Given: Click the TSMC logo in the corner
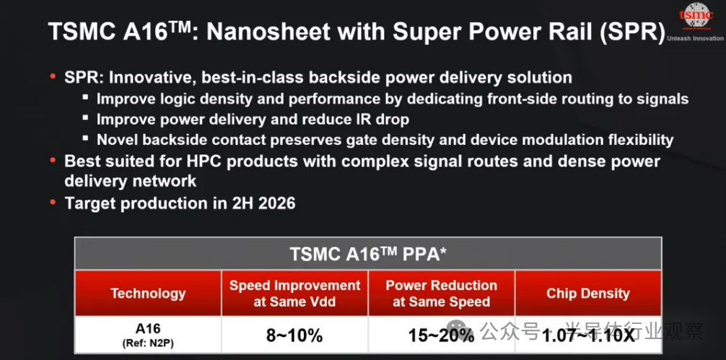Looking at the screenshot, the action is click(x=696, y=15).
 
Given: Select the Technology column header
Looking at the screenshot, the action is click(x=148, y=294).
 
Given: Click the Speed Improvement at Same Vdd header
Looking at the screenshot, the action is click(x=294, y=294).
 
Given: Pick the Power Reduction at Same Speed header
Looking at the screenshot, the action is click(x=441, y=294).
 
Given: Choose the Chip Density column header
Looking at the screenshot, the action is click(x=588, y=294).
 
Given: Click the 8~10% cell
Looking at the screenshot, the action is click(x=294, y=335).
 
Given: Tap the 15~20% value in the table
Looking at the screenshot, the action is click(x=441, y=335).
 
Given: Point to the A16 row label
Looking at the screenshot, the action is click(x=148, y=328).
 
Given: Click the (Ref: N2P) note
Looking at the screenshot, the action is click(x=148, y=343).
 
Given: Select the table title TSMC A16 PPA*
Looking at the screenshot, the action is click(x=368, y=254).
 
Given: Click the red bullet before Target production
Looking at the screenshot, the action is click(x=53, y=202).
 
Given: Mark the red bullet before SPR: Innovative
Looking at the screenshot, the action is click(x=53, y=76).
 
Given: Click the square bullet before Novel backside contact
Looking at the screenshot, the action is click(x=86, y=138).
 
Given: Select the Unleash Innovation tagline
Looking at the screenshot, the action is click(x=696, y=38).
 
